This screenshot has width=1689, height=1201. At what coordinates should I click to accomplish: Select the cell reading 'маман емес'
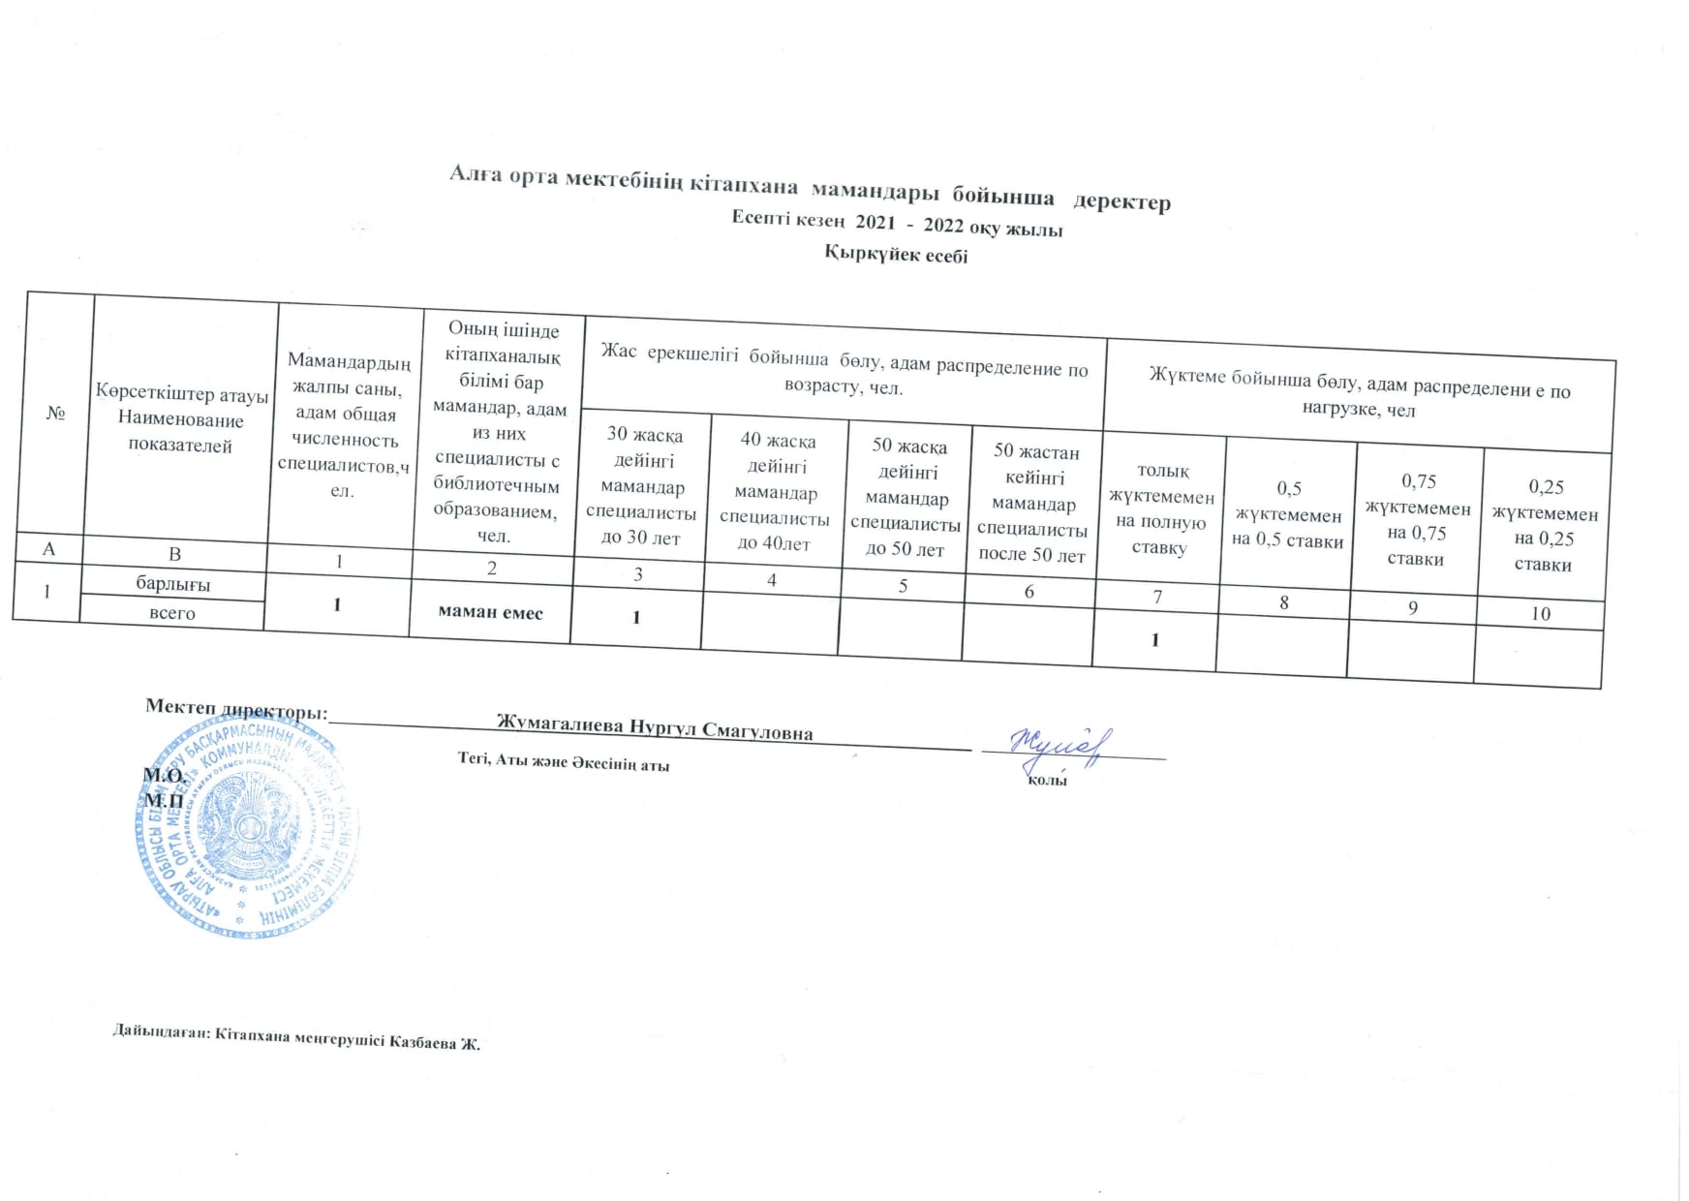tap(490, 612)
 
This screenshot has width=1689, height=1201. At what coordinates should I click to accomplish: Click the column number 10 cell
tap(1540, 613)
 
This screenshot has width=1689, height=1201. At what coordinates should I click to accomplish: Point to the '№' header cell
tap(54, 414)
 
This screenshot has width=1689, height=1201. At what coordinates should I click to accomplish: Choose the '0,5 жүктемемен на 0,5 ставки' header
tap(1288, 514)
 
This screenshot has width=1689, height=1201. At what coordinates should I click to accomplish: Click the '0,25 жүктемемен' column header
tap(1545, 525)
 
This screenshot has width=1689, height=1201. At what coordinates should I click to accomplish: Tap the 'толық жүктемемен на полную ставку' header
tap(1160, 508)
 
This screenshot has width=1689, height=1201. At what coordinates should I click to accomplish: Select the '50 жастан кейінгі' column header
tap(1034, 503)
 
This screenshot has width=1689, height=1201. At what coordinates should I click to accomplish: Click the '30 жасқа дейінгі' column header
tap(643, 486)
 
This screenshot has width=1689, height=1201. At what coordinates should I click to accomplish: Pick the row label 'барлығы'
tap(173, 584)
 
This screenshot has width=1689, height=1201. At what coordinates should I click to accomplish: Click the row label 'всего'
tap(171, 612)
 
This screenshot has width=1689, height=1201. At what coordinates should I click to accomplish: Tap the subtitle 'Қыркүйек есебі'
tap(896, 255)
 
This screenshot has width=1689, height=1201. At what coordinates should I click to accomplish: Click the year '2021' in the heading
tap(875, 223)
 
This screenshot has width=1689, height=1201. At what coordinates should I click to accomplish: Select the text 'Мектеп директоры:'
tap(236, 708)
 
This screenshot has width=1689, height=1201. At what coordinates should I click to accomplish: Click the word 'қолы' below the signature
tap(1047, 780)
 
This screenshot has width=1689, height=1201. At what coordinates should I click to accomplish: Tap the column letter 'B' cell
tap(175, 554)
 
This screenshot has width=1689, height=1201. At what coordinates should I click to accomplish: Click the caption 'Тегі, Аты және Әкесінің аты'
tap(563, 762)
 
